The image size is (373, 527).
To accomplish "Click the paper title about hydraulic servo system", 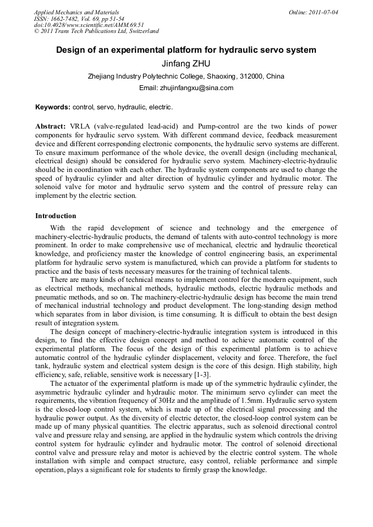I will (x=186, y=50).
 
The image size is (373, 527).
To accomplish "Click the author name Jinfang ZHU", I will (x=186, y=64).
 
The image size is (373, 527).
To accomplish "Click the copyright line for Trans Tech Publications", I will (x=97, y=31).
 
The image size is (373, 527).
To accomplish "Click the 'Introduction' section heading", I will (x=56, y=216).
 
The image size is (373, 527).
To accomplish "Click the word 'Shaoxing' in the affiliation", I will (x=216, y=76).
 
